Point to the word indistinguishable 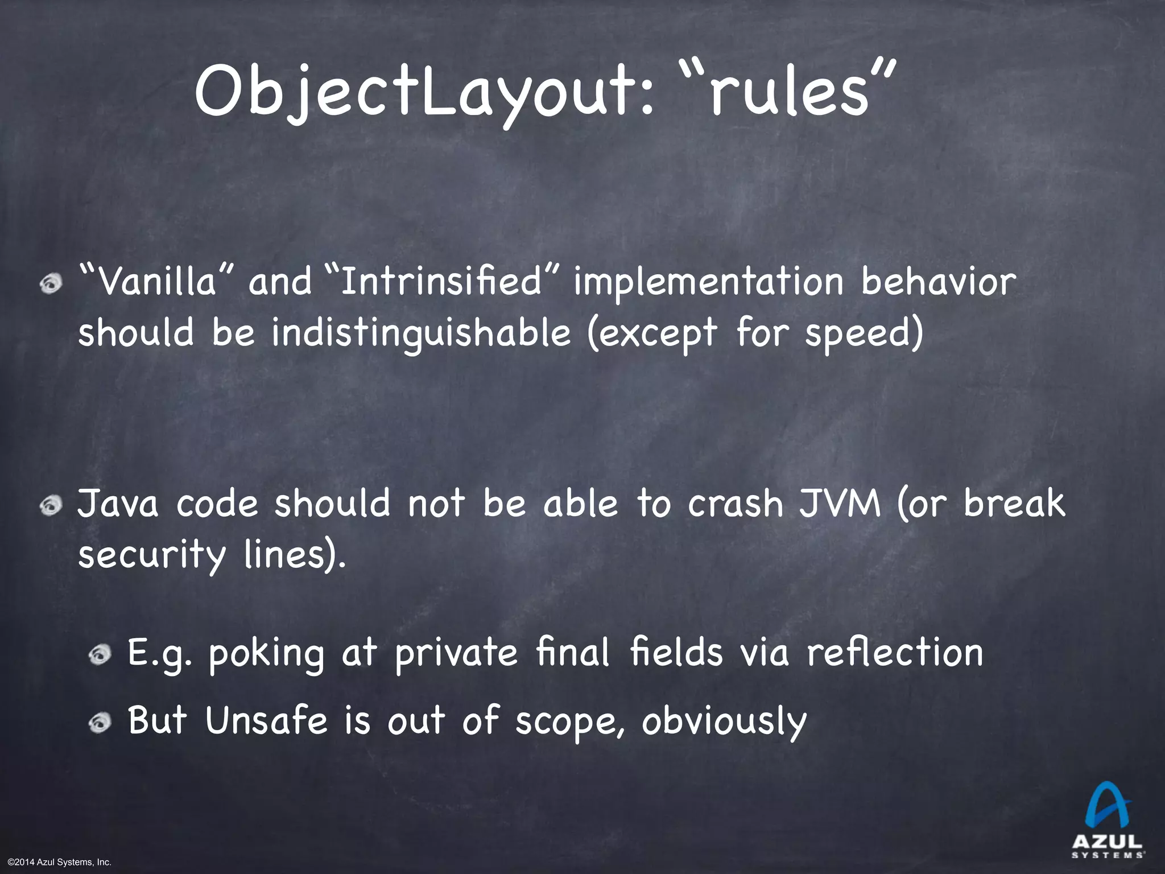pyautogui.click(x=420, y=334)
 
